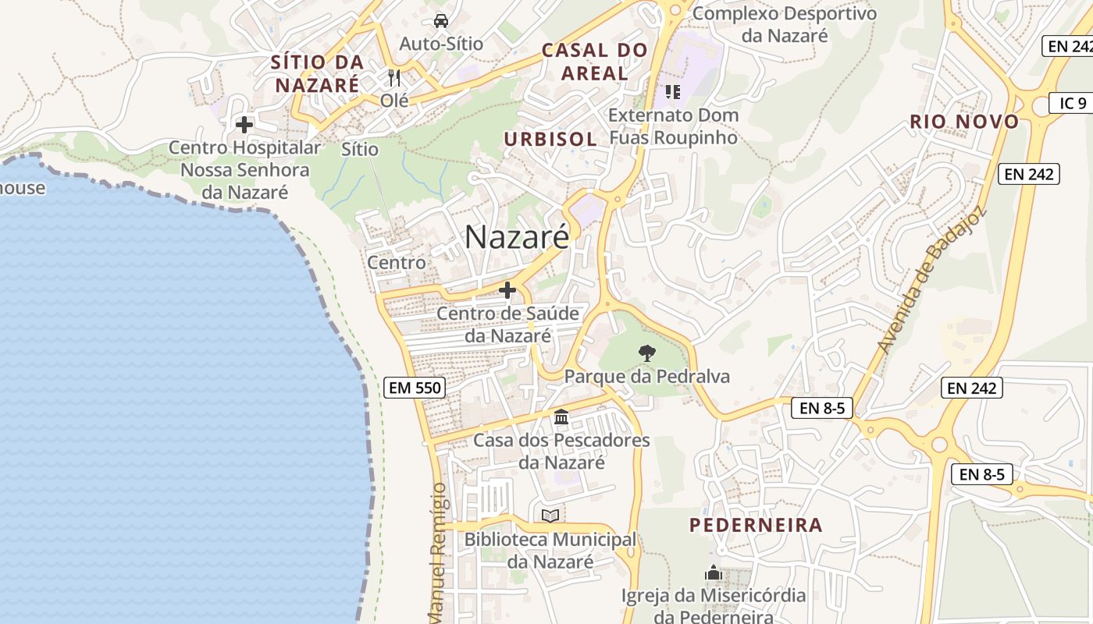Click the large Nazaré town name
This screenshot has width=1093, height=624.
518,237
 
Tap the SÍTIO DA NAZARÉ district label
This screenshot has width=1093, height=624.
317,73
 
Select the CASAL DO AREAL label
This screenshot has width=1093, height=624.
595,62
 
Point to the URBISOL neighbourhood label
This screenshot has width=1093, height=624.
550,139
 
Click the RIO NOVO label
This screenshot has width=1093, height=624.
964,121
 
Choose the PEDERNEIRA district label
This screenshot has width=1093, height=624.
756,525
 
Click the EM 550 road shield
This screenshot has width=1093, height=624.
414,387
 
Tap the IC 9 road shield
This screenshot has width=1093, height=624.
1072,102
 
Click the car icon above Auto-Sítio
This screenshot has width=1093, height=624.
441,20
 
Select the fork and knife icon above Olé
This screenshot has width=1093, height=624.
394,78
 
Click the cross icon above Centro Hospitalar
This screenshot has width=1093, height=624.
244,124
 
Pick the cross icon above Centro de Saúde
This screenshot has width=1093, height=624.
507,290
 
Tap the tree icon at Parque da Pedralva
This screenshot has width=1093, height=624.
646,353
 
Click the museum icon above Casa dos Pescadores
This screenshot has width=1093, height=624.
561,417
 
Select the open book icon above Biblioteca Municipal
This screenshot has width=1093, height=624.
550,516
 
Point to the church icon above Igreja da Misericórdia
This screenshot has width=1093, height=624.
713,573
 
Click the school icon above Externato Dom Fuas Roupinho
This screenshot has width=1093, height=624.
672,92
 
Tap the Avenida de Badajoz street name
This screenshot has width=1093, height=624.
933,279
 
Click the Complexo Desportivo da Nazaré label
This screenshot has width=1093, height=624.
784,24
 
